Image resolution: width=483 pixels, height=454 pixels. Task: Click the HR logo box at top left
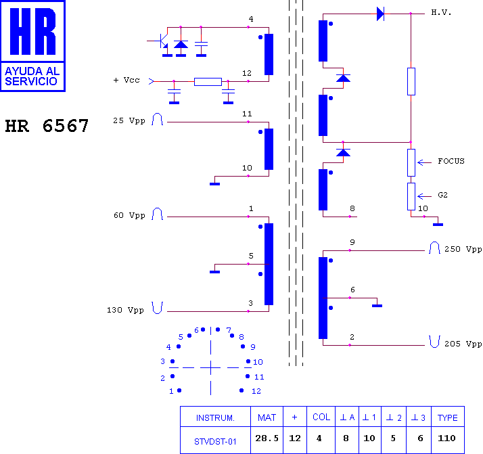click(x=32, y=46)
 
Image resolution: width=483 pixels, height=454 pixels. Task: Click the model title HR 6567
click(x=47, y=126)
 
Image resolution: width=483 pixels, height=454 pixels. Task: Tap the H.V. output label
click(x=441, y=12)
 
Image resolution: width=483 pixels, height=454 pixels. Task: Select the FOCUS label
click(x=451, y=161)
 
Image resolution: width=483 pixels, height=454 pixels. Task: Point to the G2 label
click(x=442, y=195)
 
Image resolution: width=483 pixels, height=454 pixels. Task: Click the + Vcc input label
click(x=127, y=80)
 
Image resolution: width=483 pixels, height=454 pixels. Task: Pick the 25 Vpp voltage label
click(x=129, y=120)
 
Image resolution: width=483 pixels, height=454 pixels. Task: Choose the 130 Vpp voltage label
click(x=125, y=310)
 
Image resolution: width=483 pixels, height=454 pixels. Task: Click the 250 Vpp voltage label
click(x=463, y=249)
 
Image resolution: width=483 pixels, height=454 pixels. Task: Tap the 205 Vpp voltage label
click(x=463, y=344)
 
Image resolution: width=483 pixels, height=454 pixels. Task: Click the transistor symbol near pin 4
click(x=162, y=42)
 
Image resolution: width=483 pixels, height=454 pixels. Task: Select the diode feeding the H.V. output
click(x=380, y=14)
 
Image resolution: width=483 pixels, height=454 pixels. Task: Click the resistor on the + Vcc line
click(x=208, y=82)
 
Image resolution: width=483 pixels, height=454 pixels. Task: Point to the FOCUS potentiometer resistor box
click(x=411, y=162)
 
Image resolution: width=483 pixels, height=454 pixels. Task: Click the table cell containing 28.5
click(x=267, y=438)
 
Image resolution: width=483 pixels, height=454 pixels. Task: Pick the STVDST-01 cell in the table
click(x=215, y=441)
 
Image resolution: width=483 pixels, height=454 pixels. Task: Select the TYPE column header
click(x=448, y=417)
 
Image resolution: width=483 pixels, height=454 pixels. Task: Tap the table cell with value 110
click(x=446, y=438)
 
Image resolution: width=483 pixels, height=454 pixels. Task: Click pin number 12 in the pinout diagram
click(x=256, y=391)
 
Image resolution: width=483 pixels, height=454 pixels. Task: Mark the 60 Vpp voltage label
click(x=129, y=215)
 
